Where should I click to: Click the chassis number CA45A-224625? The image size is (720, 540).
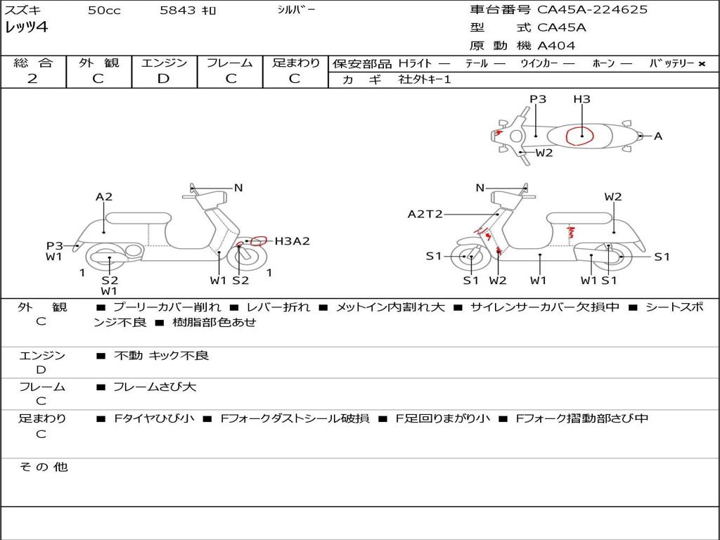[592, 10]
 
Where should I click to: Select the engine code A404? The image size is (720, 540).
[556, 46]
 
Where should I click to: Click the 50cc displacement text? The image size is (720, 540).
[103, 11]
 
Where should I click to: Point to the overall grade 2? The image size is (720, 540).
[32, 79]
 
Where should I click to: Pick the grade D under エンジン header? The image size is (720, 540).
[163, 79]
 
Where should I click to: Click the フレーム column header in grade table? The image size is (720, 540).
[229, 63]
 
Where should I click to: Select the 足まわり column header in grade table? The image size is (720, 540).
[296, 63]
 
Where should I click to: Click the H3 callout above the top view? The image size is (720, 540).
[581, 99]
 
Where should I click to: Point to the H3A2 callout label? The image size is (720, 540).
[292, 241]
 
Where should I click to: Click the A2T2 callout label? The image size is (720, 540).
[425, 214]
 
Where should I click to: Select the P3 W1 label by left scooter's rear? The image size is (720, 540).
[54, 251]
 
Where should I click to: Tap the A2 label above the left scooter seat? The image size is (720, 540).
[104, 197]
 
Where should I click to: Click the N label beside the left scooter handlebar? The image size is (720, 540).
[238, 188]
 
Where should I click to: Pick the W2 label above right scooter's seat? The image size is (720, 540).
[613, 197]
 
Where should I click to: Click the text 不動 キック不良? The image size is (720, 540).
[162, 356]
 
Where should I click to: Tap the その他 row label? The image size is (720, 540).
[43, 467]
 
